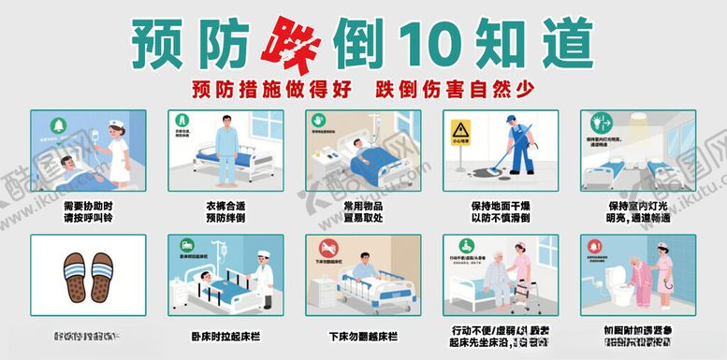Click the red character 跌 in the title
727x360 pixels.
pyautogui.click(x=293, y=42)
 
